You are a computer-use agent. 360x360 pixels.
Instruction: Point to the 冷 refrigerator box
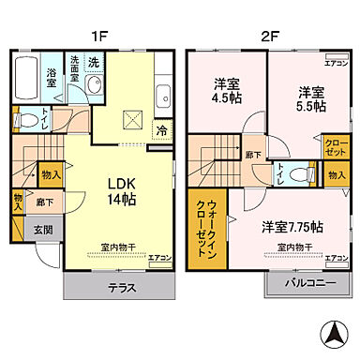pyautogui.click(x=162, y=130)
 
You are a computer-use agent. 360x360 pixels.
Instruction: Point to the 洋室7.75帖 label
pyautogui.click(x=293, y=226)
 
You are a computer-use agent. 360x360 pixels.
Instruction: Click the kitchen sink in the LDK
pyautogui.click(x=163, y=95)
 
